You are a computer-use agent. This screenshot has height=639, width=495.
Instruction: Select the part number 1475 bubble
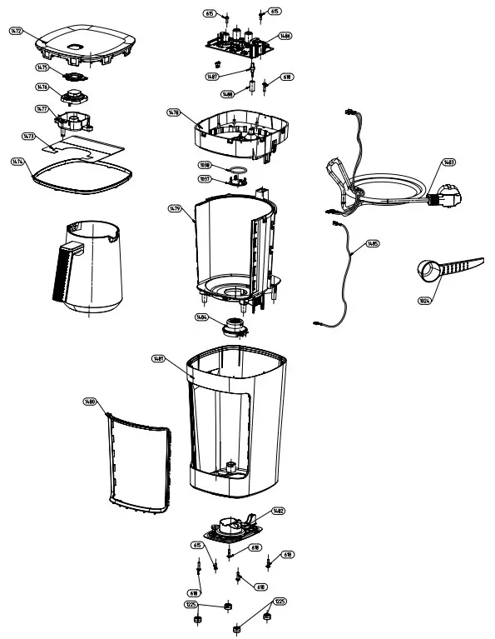click(42, 68)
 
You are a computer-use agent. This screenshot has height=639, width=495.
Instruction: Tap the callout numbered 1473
click(28, 135)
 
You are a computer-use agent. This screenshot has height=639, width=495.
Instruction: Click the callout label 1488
click(228, 94)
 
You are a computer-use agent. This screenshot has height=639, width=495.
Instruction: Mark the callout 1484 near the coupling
click(202, 317)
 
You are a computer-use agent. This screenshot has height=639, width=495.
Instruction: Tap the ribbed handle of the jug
click(62, 271)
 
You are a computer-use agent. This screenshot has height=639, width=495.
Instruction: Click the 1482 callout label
click(278, 511)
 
